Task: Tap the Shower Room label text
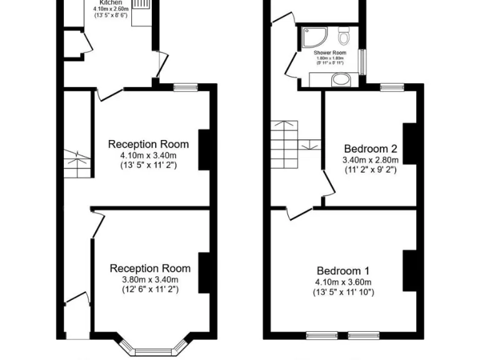[x=330, y=53]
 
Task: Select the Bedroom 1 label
[x=342, y=271]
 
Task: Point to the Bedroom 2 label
[x=371, y=149]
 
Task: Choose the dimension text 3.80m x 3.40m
[x=150, y=279]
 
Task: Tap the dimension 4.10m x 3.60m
[x=343, y=281]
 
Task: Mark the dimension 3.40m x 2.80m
[x=371, y=159]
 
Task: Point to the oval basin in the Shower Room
[x=341, y=79]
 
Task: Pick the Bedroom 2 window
[x=392, y=87]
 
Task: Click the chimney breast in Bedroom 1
[x=410, y=270]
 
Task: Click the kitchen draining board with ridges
[x=141, y=4]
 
